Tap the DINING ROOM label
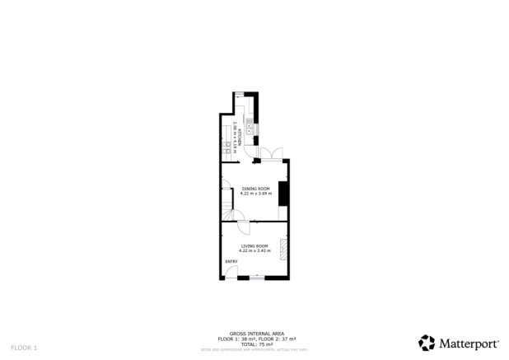pos(255,189)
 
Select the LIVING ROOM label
pos(254,246)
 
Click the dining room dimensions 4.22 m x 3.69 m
pos(255,194)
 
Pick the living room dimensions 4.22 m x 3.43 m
pos(254,250)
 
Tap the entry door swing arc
pos(233,271)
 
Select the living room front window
pos(257,278)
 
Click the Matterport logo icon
pos(427,343)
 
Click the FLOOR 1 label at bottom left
pos(24,348)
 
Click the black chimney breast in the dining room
pos(283,194)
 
